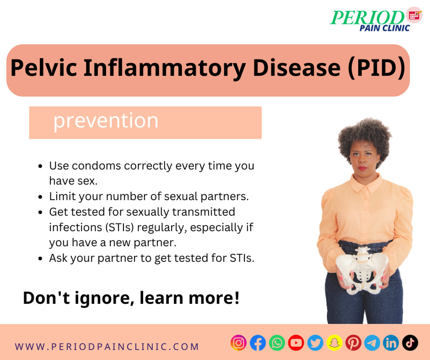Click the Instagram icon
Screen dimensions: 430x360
click(x=239, y=343)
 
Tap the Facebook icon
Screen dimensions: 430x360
click(x=258, y=343)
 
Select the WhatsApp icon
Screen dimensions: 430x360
click(x=277, y=343)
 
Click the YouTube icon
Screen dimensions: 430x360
click(x=296, y=343)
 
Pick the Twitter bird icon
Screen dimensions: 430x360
click(x=315, y=343)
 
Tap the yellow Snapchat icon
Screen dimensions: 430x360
click(x=334, y=343)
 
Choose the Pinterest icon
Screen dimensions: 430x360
click(x=353, y=343)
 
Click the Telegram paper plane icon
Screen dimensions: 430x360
click(x=372, y=343)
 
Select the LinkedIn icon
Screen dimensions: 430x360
click(x=391, y=343)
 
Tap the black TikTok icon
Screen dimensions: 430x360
click(x=410, y=343)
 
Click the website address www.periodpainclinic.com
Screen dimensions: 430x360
click(x=107, y=347)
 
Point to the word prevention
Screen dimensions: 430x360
click(x=105, y=120)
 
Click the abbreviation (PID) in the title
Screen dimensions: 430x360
click(x=376, y=68)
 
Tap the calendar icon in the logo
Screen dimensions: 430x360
click(x=414, y=15)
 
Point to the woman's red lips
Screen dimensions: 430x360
click(x=362, y=168)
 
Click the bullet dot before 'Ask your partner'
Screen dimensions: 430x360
click(x=40, y=258)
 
